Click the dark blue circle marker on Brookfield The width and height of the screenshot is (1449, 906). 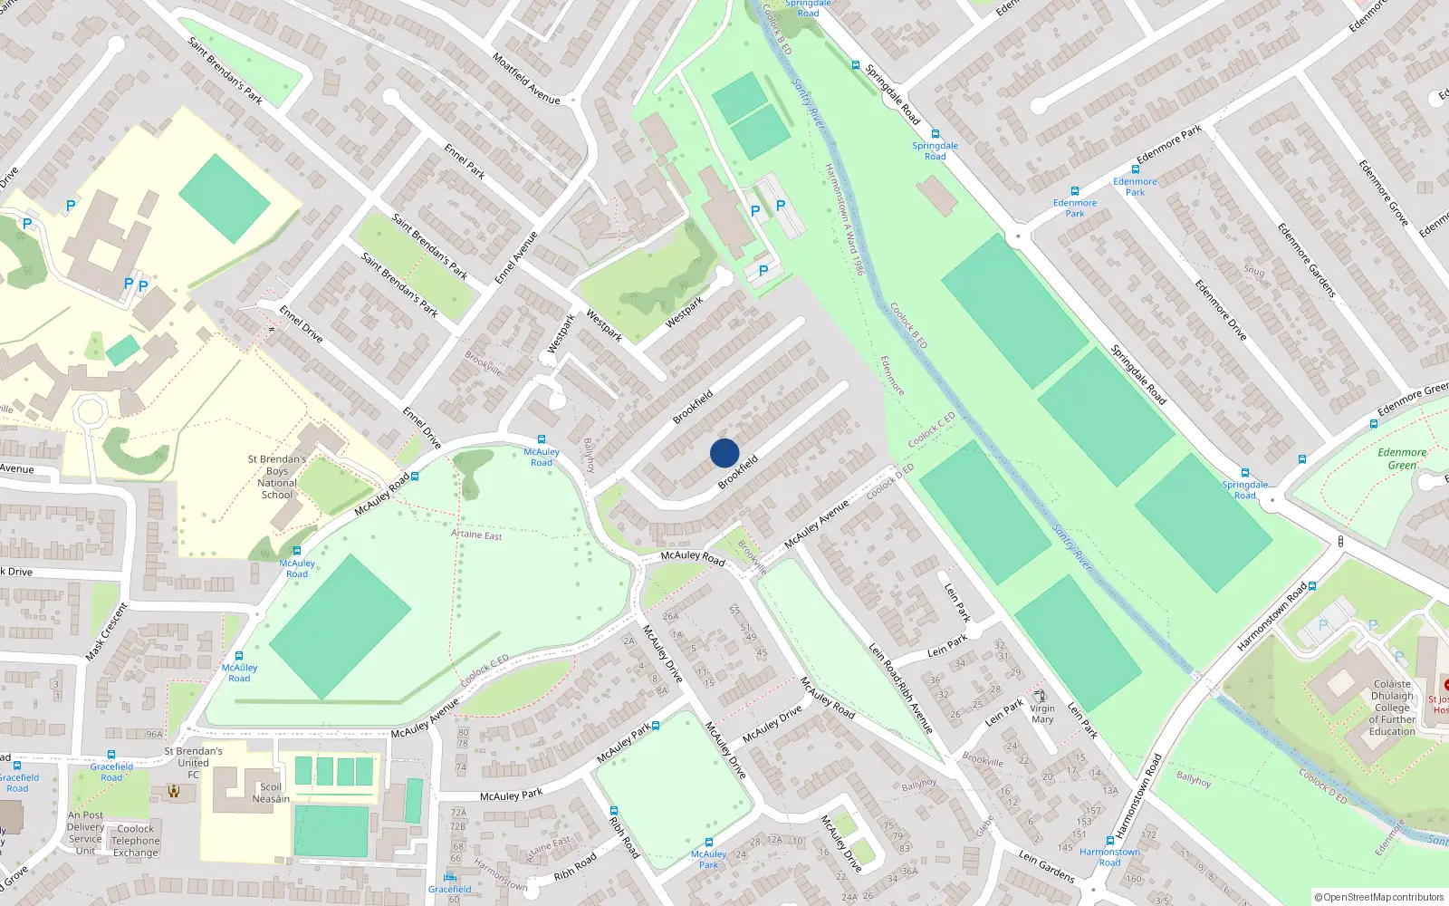pos(724,453)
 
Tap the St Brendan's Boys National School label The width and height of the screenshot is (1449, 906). pos(277,477)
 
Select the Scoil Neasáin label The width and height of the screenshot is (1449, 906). pos(271,793)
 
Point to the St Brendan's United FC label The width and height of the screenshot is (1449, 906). pos(193,763)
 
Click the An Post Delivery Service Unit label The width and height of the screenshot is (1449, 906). pos(85,833)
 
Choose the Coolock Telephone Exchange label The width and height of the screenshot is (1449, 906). pos(135,841)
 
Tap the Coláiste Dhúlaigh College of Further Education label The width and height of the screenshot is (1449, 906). pos(1392,708)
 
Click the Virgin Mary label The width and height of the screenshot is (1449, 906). pos(1042,714)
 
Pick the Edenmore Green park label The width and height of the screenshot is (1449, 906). pos(1401,458)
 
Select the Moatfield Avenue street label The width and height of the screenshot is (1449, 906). pos(526,78)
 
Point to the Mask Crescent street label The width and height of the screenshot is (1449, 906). pos(107,631)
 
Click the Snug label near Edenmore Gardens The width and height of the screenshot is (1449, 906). pos(1253,271)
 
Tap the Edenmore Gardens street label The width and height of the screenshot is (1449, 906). pos(1306,260)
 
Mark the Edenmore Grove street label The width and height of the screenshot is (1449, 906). pos(1383,193)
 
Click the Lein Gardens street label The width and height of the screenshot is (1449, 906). pos(1046,866)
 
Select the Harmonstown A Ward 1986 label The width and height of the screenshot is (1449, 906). pos(844,219)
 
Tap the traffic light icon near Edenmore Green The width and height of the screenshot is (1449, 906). pos(1340,542)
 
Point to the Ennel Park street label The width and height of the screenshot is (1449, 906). pos(465,160)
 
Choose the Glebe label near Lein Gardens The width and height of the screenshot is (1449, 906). pos(984,826)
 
